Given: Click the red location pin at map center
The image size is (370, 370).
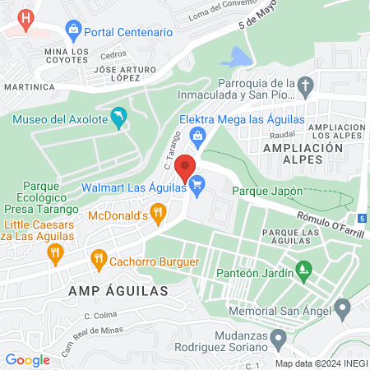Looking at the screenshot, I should tap(186, 165).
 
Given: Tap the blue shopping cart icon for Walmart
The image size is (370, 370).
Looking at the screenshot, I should tap(196, 187).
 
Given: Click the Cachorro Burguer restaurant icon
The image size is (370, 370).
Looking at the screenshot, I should tap(99, 261).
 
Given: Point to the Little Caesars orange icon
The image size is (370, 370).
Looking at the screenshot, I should tap(56, 252).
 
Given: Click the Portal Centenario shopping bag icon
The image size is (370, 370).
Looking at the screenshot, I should tap(72, 32).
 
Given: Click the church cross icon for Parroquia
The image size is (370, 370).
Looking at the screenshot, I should tap(305, 86).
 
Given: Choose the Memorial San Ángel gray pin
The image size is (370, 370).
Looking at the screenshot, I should tap(342, 308).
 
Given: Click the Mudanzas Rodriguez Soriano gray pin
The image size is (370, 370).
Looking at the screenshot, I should tap(278, 337).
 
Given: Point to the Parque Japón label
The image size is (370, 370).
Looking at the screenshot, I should tap(268, 191).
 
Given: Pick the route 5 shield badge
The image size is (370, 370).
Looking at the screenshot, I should tap(362, 218).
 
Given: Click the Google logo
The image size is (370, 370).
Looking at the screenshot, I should tap(27, 359).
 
